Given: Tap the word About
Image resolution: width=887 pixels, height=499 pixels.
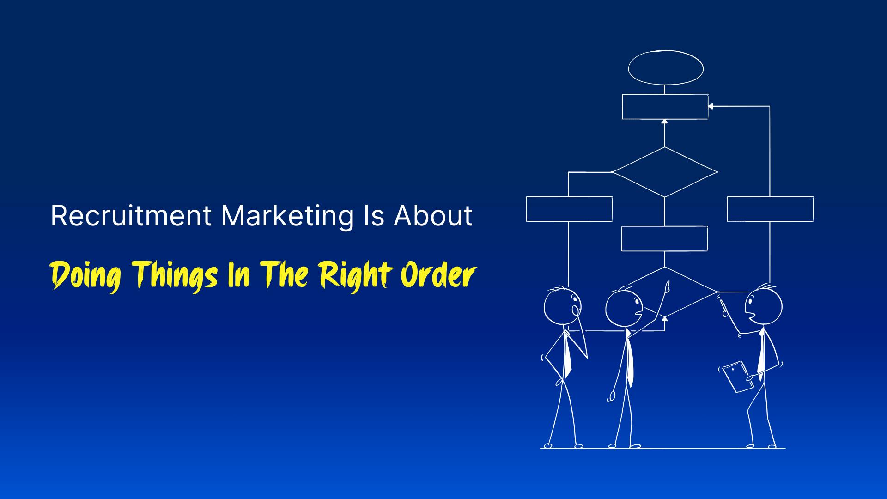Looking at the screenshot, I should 433,216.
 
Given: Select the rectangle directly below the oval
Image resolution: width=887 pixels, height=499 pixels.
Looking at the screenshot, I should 665,107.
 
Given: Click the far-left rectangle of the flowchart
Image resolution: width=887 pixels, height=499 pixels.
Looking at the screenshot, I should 569,209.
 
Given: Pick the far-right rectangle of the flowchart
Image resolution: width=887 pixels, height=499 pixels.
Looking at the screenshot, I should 770,209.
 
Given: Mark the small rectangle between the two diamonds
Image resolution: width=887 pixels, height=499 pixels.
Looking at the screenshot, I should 664,238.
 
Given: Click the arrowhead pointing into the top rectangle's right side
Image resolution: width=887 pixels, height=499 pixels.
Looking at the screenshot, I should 711,106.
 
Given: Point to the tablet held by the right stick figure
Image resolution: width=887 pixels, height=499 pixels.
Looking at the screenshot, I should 738,377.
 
